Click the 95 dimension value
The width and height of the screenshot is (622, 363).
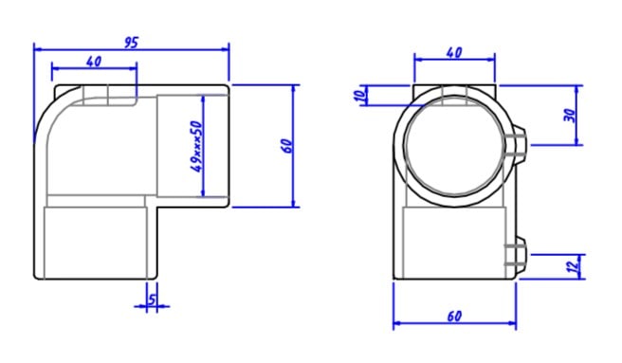131,43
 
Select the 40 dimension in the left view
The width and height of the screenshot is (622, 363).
94,62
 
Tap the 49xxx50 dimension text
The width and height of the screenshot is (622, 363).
197,146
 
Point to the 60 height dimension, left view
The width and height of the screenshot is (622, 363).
288,146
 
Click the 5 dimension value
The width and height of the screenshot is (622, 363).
153,299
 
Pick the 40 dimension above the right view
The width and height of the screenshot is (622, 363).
454,52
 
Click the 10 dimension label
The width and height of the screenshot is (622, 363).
359,96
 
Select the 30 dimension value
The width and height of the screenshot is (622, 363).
570,116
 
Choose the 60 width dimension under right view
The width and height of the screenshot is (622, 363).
454,317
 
